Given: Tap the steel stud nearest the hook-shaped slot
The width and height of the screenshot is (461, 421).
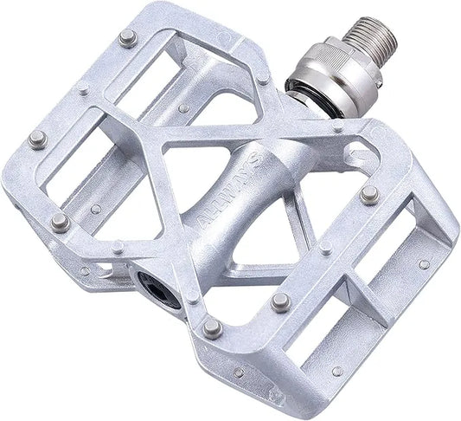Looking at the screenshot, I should (369, 193).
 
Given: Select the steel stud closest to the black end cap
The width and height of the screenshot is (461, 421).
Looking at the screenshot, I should (211, 327).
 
